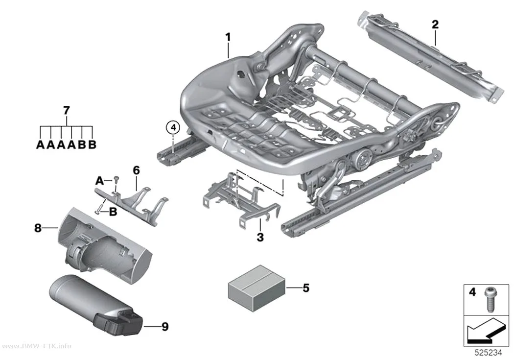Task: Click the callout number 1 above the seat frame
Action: (x=228, y=37)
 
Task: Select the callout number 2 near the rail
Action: (x=435, y=24)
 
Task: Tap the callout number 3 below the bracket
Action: (x=260, y=237)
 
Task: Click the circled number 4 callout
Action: (x=173, y=127)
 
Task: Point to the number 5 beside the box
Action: (x=306, y=288)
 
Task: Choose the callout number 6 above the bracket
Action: (x=137, y=170)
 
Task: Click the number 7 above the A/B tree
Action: (x=67, y=111)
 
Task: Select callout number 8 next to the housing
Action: (x=38, y=228)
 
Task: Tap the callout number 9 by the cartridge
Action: (x=165, y=327)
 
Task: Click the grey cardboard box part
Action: (x=257, y=288)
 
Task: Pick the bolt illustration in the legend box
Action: (x=490, y=300)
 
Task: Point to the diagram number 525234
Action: (x=489, y=353)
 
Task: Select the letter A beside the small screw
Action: (x=100, y=181)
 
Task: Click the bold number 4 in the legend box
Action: (x=472, y=292)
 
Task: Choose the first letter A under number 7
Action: (x=40, y=144)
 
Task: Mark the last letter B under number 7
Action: (x=93, y=144)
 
